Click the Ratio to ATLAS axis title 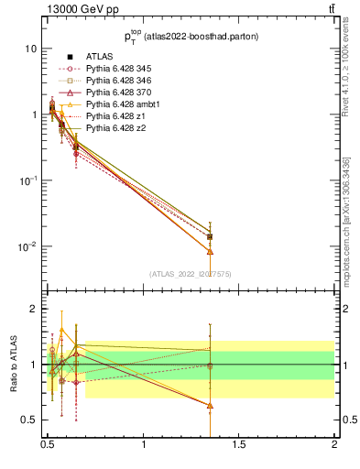(x=13, y=365)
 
